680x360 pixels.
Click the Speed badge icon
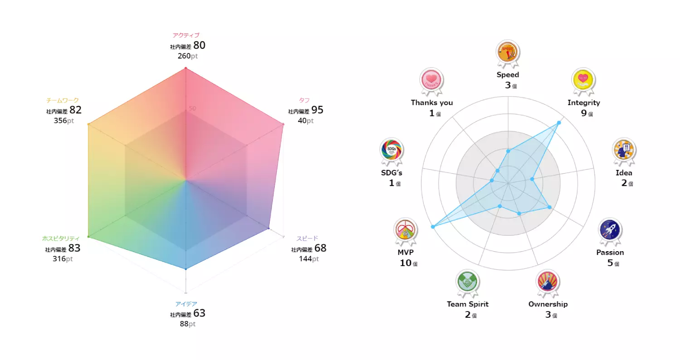[508, 51]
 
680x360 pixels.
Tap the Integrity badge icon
[583, 79]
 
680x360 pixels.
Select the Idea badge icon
[624, 149]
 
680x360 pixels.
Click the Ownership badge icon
[548, 281]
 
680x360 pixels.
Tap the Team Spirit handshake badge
[467, 282]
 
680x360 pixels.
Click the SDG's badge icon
[391, 150]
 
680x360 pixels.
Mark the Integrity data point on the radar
[559, 123]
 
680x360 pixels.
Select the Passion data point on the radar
[549, 207]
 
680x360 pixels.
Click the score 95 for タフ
[317, 110]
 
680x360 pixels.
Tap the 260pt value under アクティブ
[187, 56]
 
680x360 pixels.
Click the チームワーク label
[62, 100]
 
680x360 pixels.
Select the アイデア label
[186, 304]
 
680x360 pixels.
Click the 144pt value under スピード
[309, 259]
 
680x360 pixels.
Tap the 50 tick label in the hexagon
[193, 108]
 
